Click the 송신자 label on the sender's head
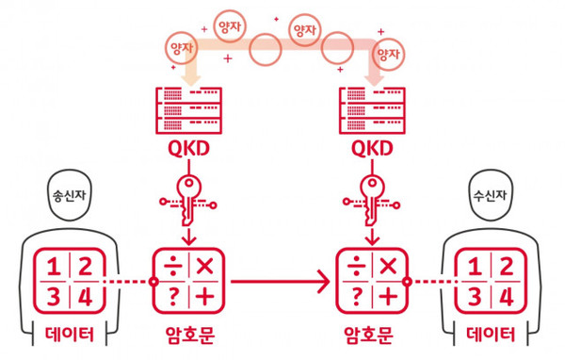point(66,200)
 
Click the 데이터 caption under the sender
point(68,334)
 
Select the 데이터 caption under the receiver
point(491,334)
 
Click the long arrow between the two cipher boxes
point(278,281)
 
